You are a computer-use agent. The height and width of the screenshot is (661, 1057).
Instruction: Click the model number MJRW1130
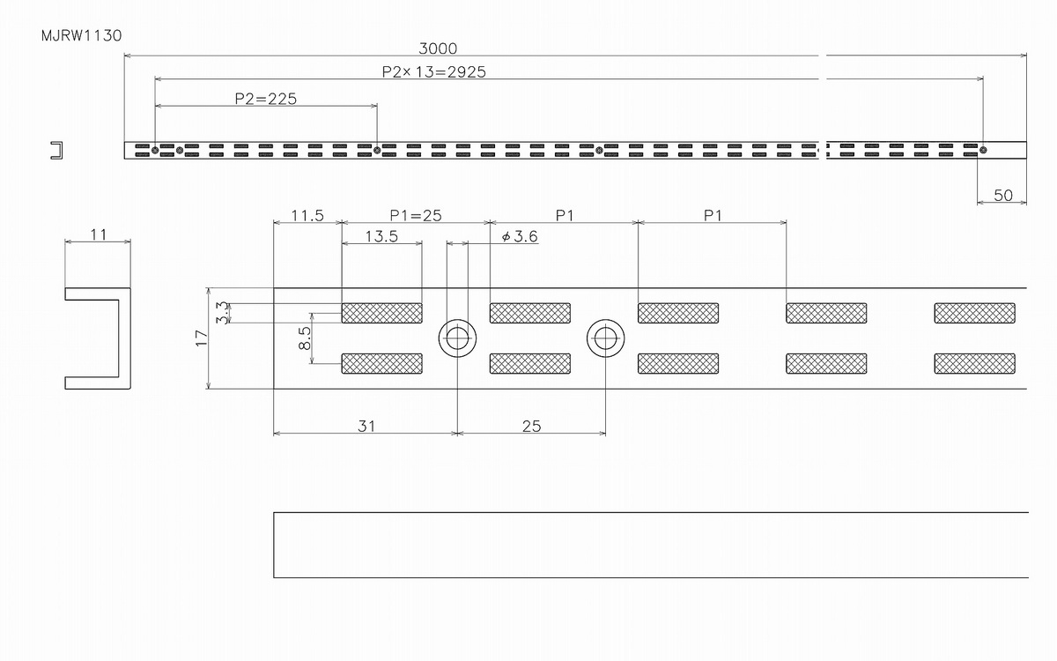[82, 36]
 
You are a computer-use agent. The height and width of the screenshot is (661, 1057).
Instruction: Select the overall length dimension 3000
[438, 48]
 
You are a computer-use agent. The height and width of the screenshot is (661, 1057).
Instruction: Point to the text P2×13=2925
[433, 71]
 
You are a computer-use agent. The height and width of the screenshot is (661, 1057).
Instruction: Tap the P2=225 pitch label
[266, 99]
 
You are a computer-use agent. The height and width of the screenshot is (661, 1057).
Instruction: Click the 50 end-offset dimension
[1003, 195]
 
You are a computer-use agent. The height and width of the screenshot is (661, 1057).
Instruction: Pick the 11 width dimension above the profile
[98, 234]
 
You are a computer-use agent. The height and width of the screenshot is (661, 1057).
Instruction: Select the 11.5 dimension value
[307, 216]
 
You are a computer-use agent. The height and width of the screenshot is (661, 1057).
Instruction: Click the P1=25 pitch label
[416, 216]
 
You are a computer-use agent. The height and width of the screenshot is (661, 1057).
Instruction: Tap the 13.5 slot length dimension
[381, 236]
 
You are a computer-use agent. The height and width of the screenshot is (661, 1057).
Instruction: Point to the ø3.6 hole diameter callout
[520, 236]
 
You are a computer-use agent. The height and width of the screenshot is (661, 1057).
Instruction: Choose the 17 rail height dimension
[202, 338]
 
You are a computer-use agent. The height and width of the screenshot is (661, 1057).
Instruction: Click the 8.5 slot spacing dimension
[305, 338]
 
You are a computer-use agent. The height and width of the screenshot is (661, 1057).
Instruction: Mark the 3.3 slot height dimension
[223, 313]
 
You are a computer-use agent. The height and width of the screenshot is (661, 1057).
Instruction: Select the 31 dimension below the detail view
[366, 427]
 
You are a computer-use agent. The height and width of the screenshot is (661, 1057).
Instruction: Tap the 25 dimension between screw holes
[531, 427]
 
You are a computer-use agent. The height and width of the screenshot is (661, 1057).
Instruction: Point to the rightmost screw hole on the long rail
[983, 150]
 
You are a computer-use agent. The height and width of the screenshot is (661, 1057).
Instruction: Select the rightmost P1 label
[713, 216]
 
